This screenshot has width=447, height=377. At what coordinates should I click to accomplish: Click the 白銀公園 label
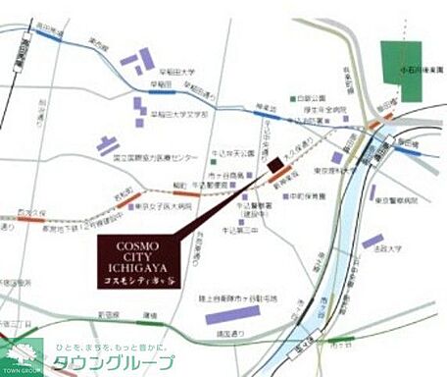(311, 98)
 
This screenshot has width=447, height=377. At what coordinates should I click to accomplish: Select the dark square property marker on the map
(275, 164)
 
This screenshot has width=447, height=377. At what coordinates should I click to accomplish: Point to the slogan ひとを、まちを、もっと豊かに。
(112, 347)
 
